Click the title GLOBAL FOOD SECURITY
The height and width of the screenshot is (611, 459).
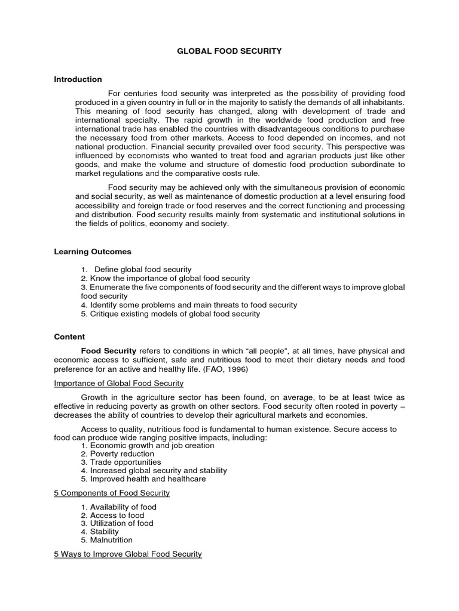[x=229, y=52]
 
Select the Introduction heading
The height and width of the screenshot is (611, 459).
[x=78, y=79]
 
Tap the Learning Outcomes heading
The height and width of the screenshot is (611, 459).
[x=93, y=252]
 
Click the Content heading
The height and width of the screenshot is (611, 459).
[x=69, y=337]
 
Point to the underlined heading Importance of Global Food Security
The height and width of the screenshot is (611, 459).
[x=118, y=383]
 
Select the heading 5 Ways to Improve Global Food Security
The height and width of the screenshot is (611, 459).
[x=128, y=554]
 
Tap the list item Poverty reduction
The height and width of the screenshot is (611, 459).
[x=120, y=453]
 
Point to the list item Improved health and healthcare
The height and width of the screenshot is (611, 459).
[x=143, y=479]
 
